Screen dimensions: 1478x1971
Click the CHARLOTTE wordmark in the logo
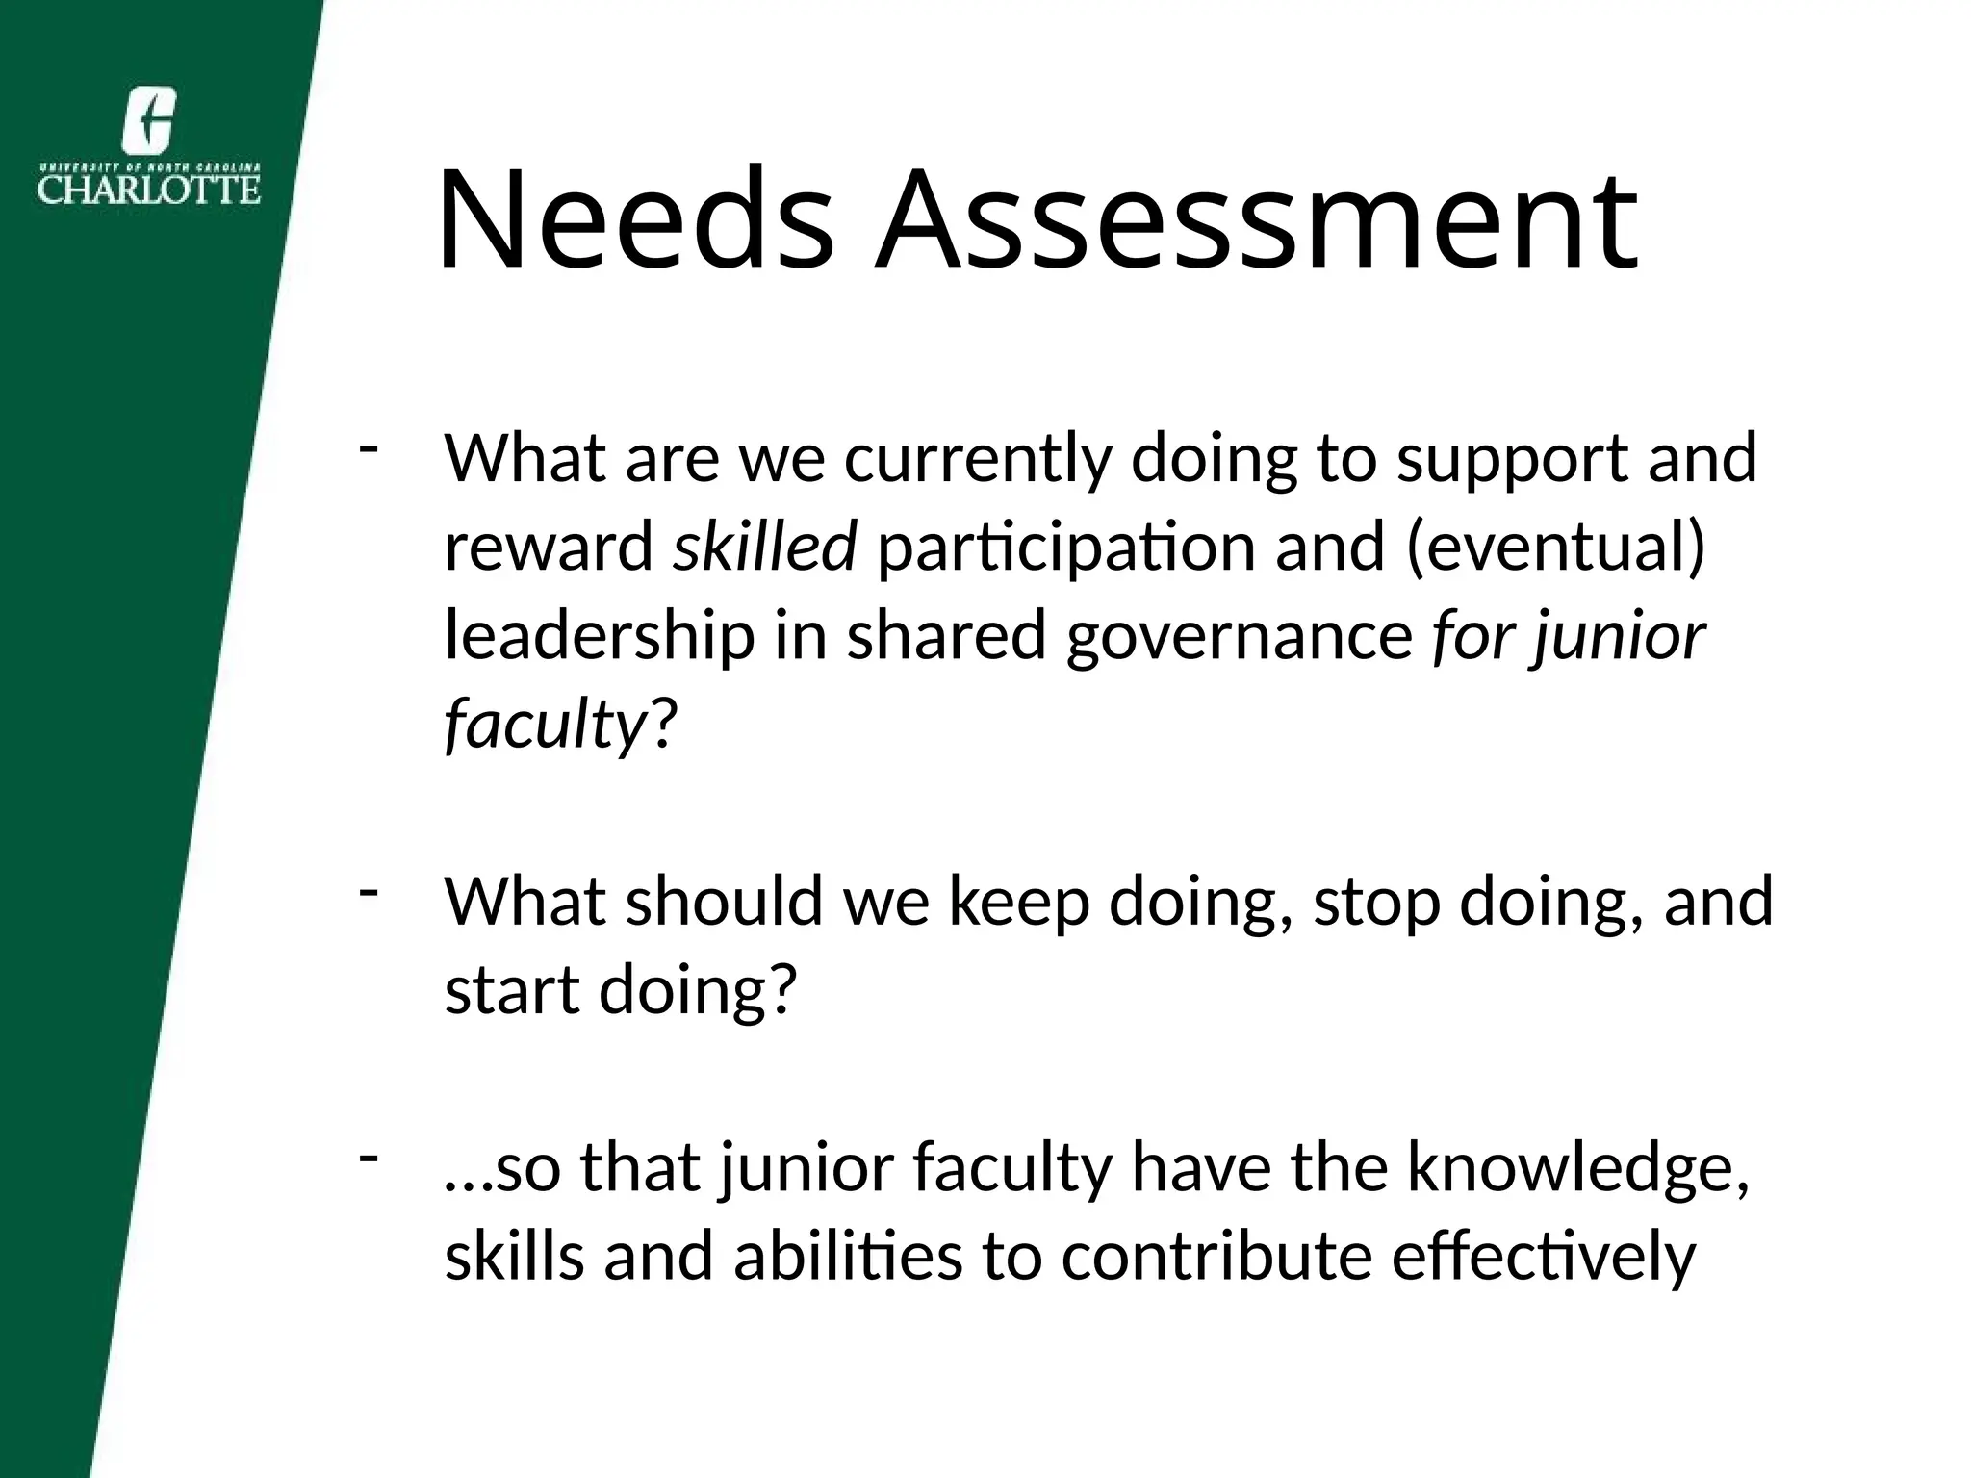click(149, 188)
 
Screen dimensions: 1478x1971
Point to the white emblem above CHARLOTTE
click(149, 119)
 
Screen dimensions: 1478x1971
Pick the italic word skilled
click(764, 546)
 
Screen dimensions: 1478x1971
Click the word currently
click(977, 459)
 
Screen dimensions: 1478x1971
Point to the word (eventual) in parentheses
click(1555, 548)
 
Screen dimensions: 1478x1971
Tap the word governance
click(1239, 638)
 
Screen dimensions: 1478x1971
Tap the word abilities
click(848, 1258)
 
